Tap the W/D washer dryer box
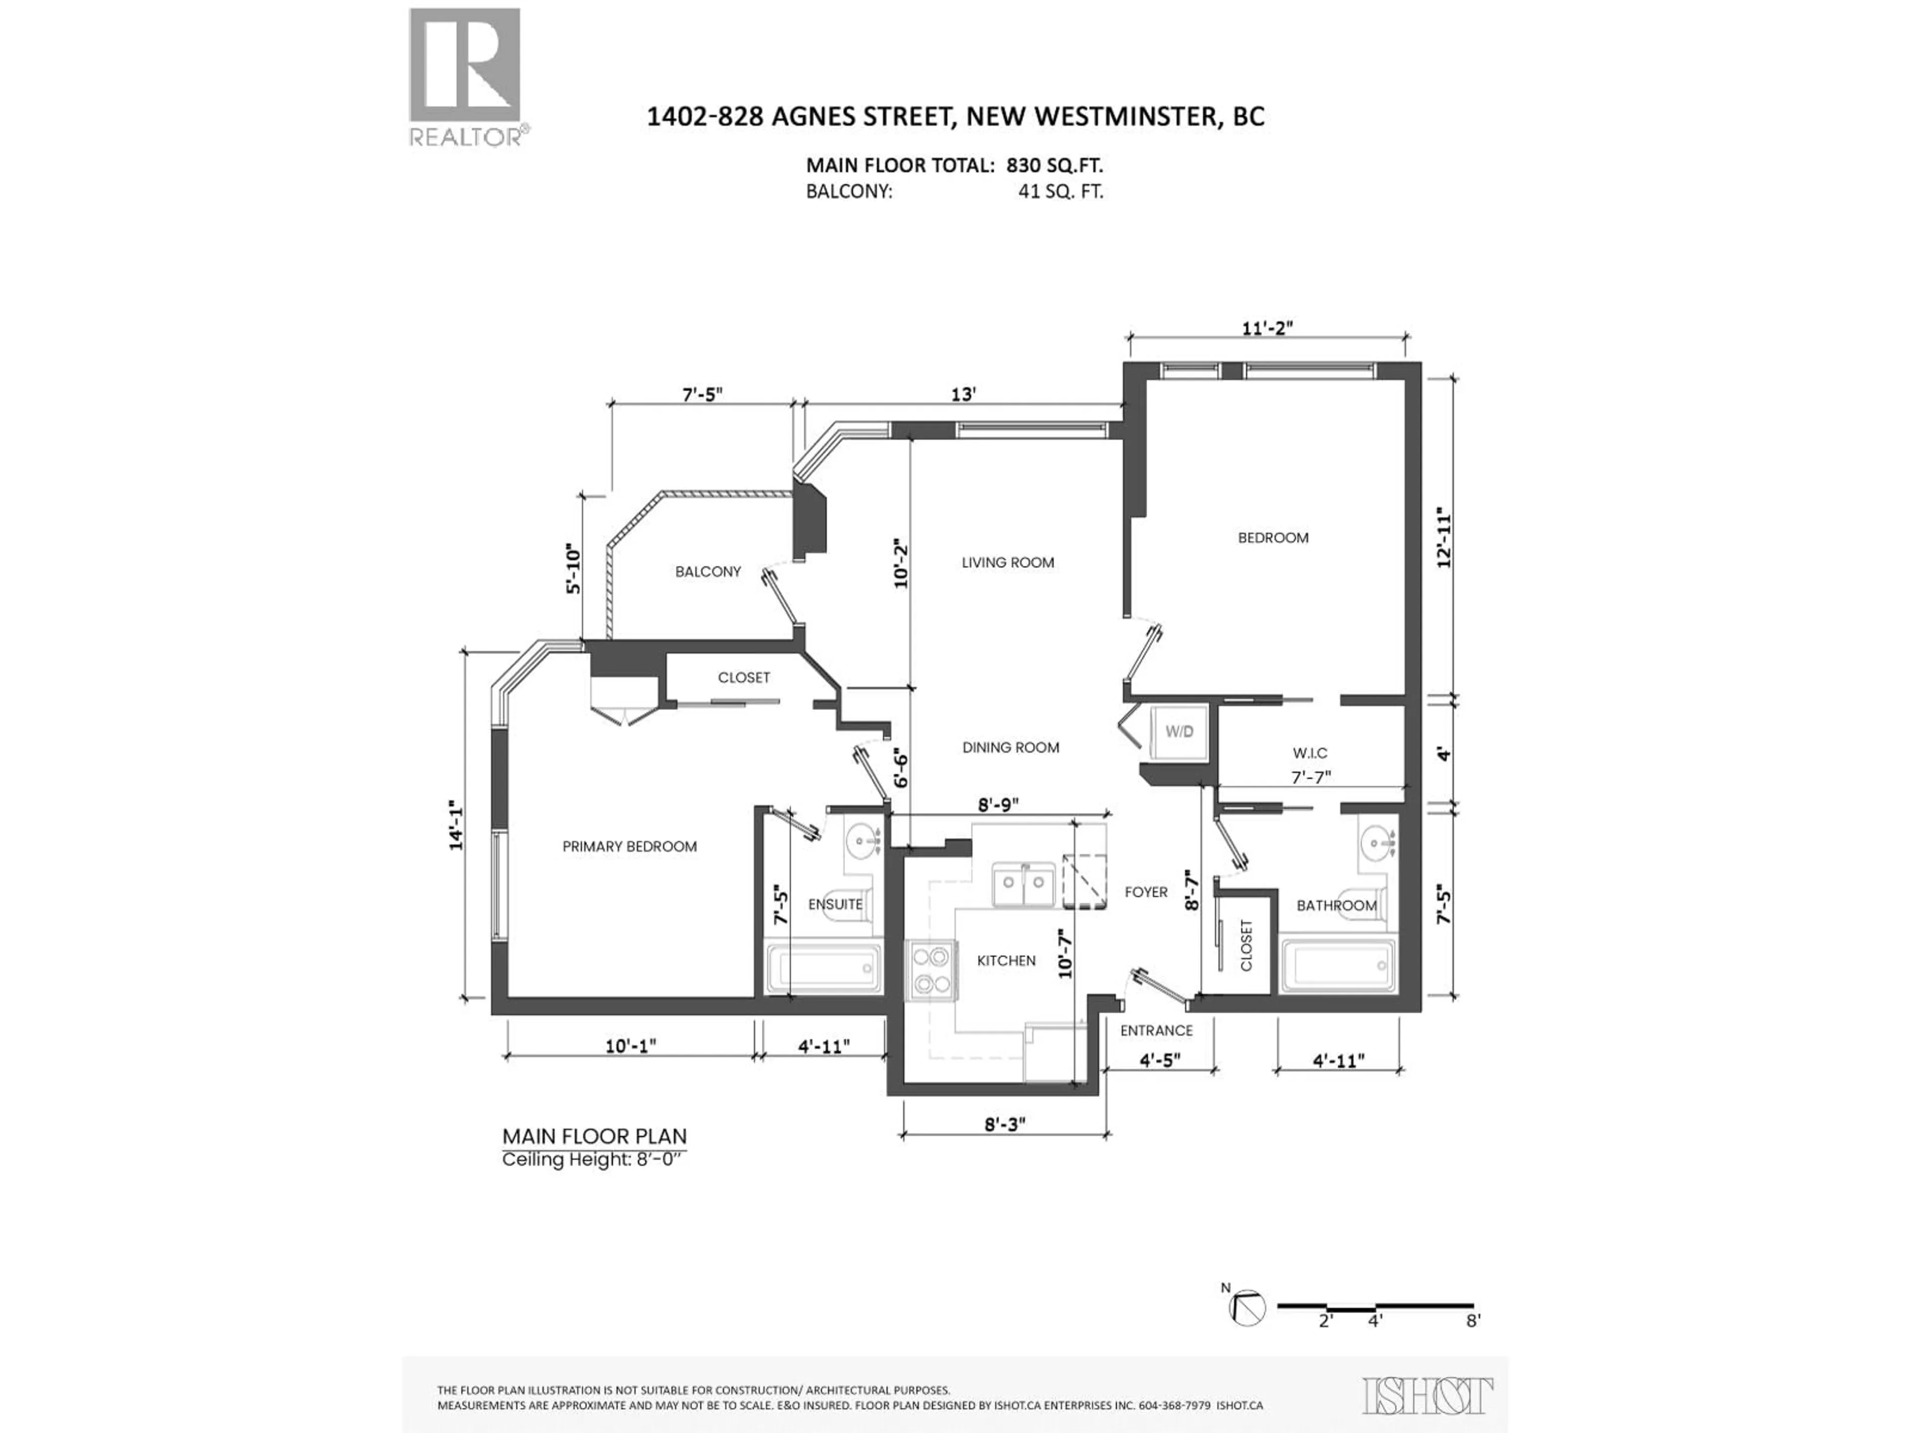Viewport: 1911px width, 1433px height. [1179, 731]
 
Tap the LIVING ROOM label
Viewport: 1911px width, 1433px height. [1007, 562]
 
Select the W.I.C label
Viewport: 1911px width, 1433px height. [1310, 753]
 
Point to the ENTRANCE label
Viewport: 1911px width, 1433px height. [1156, 1030]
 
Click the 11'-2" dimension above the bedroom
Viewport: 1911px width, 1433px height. [1268, 328]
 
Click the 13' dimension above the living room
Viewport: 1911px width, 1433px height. [963, 394]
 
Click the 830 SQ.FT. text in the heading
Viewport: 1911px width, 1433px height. [1054, 165]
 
